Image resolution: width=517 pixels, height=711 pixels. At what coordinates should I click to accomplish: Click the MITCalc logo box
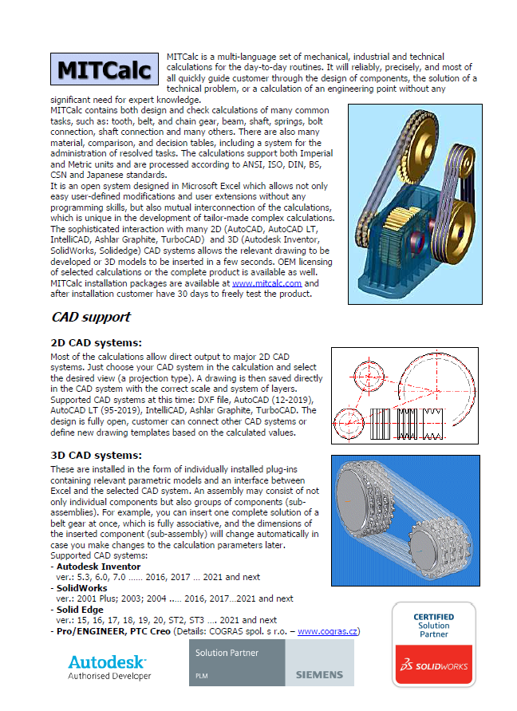(x=105, y=69)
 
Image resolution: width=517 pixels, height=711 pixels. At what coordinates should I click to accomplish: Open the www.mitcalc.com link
(x=266, y=282)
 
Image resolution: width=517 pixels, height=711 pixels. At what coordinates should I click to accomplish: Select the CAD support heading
(x=91, y=317)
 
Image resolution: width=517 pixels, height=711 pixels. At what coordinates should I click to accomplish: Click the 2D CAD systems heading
(x=96, y=343)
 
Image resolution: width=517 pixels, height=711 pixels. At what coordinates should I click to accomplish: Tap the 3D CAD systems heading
(x=96, y=456)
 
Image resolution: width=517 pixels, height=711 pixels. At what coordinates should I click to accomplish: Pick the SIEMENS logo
(x=319, y=674)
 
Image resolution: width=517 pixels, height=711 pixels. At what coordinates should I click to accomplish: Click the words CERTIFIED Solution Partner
(x=433, y=626)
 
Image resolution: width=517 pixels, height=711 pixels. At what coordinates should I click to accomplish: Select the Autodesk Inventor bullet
(x=96, y=566)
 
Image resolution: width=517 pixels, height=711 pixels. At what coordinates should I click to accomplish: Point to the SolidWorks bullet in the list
(x=83, y=587)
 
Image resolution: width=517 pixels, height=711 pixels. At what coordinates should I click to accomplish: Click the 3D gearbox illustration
(x=415, y=203)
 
